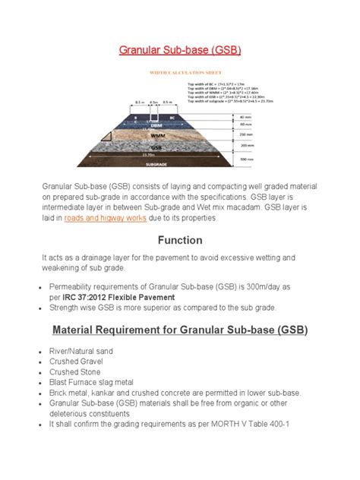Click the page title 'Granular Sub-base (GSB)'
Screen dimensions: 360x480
point(179,52)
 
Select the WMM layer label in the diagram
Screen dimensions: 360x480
point(159,135)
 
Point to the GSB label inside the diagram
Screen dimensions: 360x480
point(156,147)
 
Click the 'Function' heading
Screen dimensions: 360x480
point(179,240)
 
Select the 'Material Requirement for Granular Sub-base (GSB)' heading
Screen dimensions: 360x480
point(179,333)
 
